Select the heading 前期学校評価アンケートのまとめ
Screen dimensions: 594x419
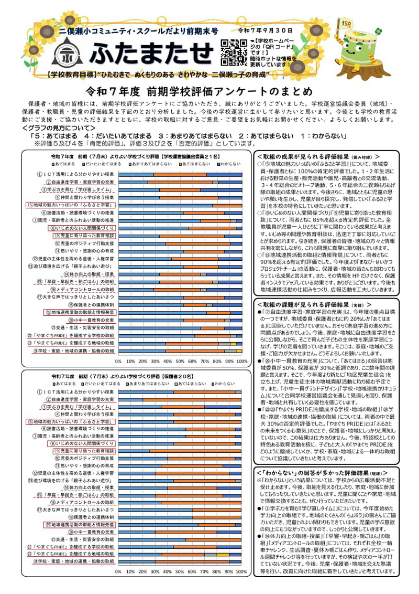point(210,90)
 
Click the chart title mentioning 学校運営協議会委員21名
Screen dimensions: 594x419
point(135,156)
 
